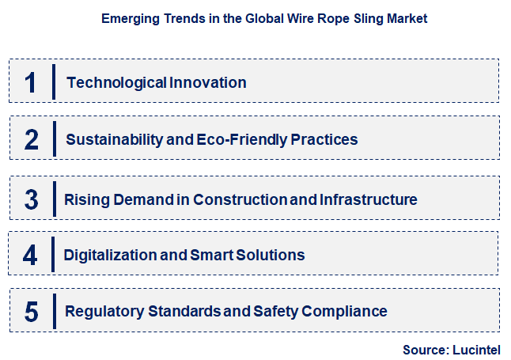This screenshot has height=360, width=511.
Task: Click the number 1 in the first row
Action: (x=31, y=82)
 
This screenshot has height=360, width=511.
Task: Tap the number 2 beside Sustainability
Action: (x=32, y=140)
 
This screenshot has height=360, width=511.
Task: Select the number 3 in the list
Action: (x=32, y=199)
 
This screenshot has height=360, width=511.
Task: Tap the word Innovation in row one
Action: (x=207, y=82)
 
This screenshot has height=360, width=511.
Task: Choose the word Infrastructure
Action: (x=368, y=199)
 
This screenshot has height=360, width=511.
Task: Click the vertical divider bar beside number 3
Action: (x=54, y=198)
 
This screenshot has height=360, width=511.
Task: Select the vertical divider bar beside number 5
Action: (x=54, y=310)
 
